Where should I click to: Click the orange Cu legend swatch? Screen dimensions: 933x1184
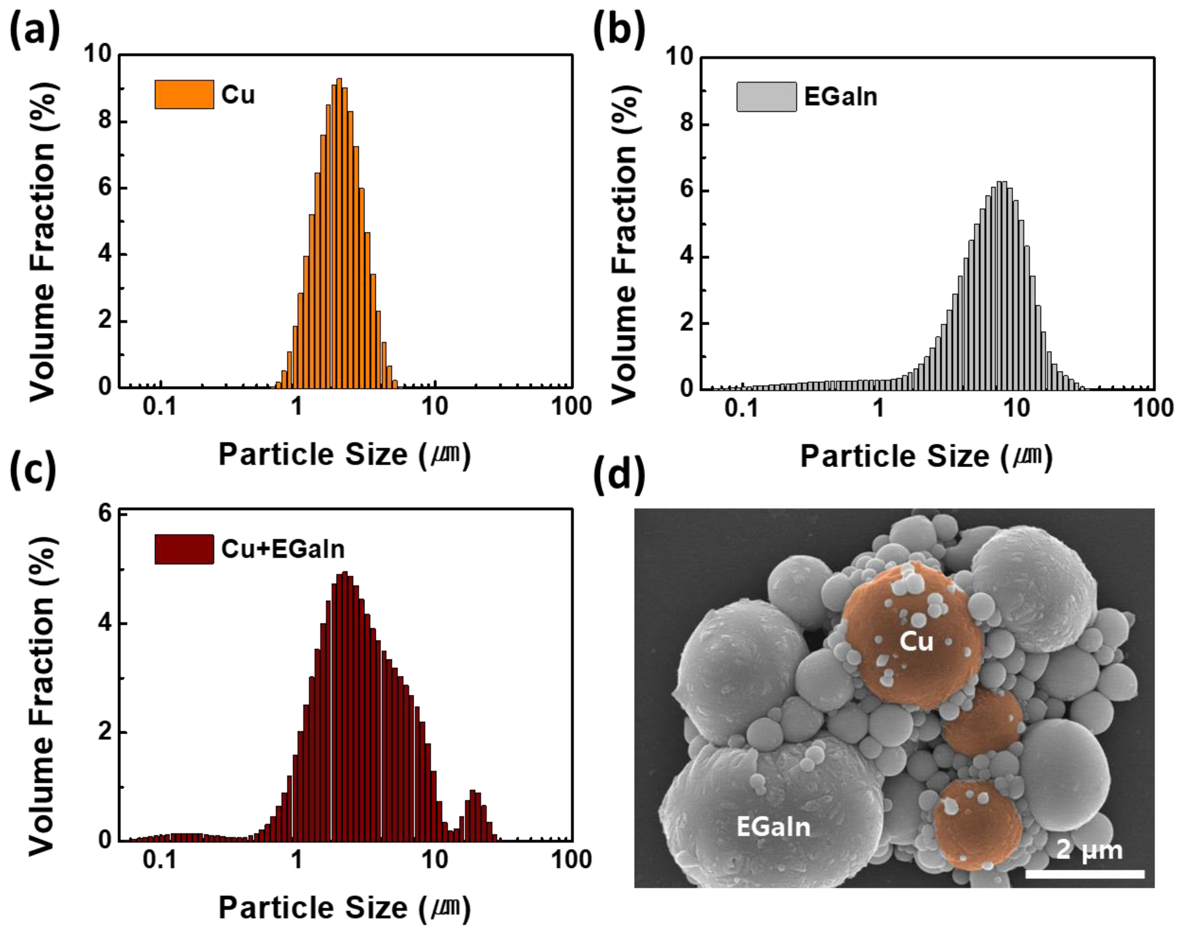184,94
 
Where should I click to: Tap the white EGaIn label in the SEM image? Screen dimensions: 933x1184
773,827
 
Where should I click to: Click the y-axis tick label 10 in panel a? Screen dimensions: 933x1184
97,54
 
